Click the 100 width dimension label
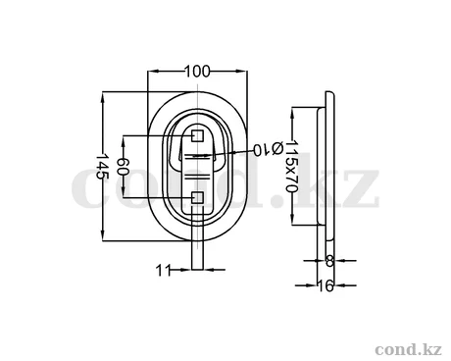(197, 72)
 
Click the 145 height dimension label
(102, 166)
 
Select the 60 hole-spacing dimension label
(124, 166)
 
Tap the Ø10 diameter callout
(268, 149)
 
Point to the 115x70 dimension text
(291, 167)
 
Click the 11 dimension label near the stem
(164, 271)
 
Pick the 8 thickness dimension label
(329, 261)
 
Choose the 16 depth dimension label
(326, 285)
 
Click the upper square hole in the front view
(197, 135)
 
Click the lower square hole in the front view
(197, 198)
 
